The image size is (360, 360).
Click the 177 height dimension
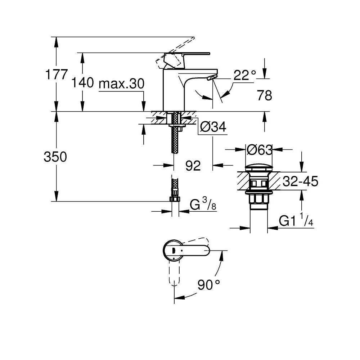coord(57,74)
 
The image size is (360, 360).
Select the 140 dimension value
coord(83,82)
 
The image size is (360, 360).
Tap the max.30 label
coord(121,84)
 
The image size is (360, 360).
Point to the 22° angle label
coord(245,75)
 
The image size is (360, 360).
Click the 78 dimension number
coord(265,95)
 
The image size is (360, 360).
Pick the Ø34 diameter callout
coord(213,126)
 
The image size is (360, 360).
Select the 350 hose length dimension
coord(55,157)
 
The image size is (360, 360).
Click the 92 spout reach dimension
coord(193,166)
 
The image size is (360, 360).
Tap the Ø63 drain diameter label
coord(260,150)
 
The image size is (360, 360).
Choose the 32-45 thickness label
coord(300,181)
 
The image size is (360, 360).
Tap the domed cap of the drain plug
coord(259,168)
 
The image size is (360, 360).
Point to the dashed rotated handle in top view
coord(175,273)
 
